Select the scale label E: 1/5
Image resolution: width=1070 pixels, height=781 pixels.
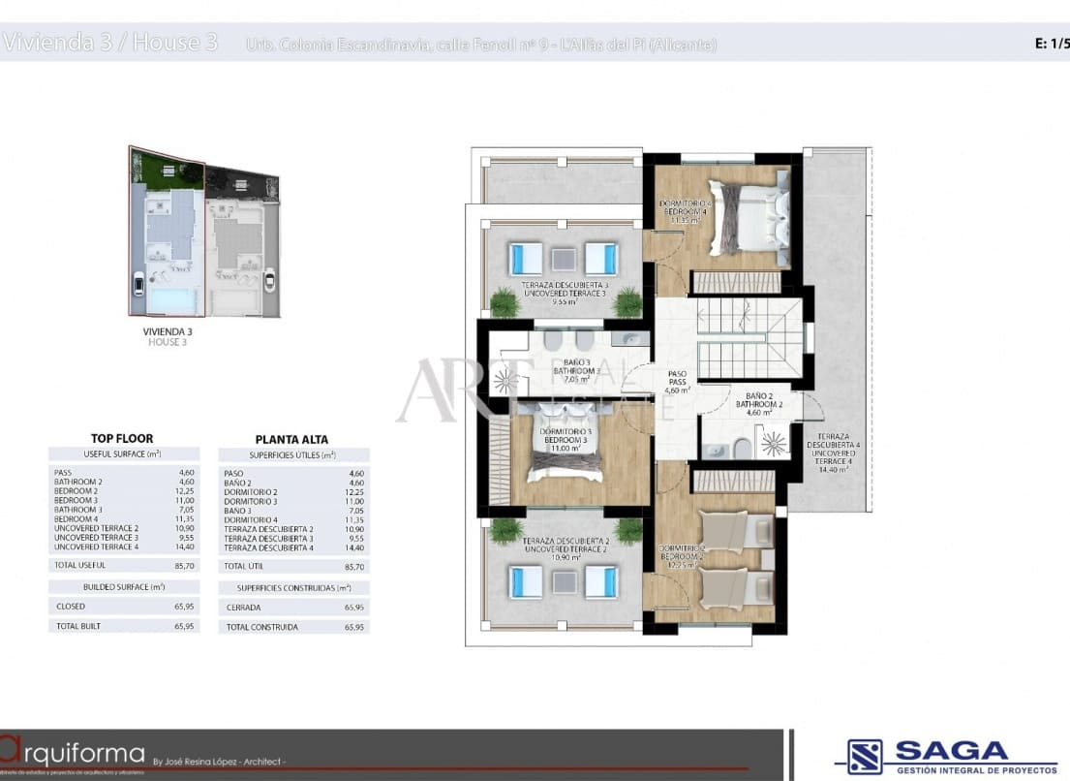pyautogui.click(x=1052, y=43)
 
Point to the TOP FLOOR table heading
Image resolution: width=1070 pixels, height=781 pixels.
pyautogui.click(x=122, y=438)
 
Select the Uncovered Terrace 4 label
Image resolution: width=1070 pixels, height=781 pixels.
pyautogui.click(x=832, y=453)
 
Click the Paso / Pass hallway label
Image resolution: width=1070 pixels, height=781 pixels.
pyautogui.click(x=677, y=381)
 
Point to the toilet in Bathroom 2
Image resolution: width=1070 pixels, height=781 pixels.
pyautogui.click(x=739, y=448)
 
